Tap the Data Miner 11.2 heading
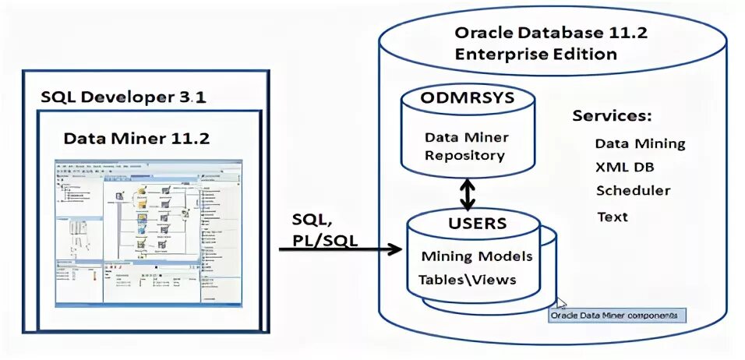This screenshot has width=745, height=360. [x=136, y=139]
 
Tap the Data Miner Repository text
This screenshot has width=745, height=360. [x=466, y=146]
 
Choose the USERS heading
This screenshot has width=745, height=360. [x=477, y=224]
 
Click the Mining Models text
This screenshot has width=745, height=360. [x=476, y=256]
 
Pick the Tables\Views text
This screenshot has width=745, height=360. [x=467, y=279]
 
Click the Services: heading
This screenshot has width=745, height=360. [x=612, y=116]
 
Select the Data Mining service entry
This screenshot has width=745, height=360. [x=640, y=144]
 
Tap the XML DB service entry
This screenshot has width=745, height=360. [x=625, y=167]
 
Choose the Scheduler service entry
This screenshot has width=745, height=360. [x=633, y=191]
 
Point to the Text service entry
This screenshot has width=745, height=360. [x=613, y=216]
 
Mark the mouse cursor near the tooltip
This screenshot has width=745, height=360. [x=560, y=303]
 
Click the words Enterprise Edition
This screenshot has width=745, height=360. [x=536, y=55]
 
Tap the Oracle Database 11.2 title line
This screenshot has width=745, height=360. [x=551, y=34]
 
